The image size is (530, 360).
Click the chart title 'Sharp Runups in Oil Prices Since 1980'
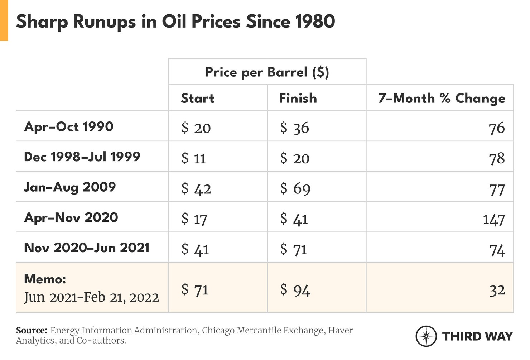coord(175,21)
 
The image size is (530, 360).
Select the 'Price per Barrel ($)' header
coord(267,72)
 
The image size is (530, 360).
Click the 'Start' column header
coord(197,98)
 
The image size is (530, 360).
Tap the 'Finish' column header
coord(298,98)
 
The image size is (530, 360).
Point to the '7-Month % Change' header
coord(442,98)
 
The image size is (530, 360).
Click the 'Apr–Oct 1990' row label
coord(69,126)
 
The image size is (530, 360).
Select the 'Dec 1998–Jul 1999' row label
coord(82,157)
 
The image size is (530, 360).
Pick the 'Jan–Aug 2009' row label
coord(70,187)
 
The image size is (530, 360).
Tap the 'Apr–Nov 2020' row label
coord(71,217)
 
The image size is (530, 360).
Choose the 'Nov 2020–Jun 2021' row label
coord(87,248)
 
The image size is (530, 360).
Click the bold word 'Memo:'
coord(45,279)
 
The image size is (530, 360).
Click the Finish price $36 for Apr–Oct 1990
coord(294,128)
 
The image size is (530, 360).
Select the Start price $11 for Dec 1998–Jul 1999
coord(193,158)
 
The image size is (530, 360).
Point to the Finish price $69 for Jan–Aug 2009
coord(295,188)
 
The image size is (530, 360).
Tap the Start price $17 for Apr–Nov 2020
coord(194,219)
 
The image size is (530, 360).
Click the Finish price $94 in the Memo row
coord(295,289)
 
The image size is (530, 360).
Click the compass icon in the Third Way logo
coord(426,336)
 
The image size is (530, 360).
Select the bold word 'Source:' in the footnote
coord(32,330)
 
